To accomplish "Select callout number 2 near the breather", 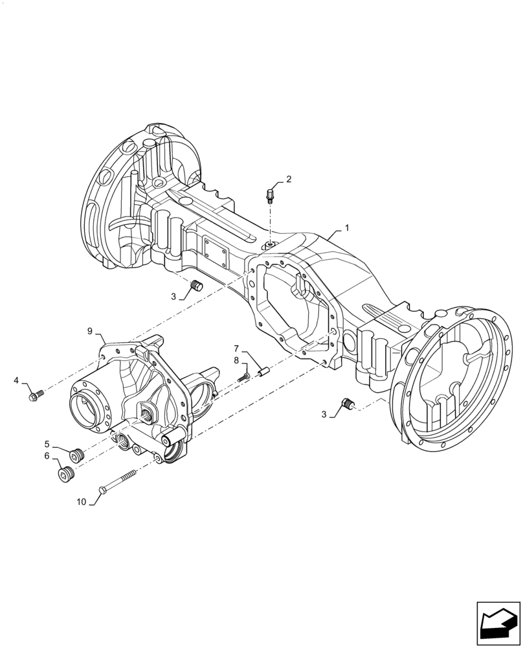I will pyautogui.click(x=289, y=179).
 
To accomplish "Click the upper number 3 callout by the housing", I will pyautogui.click(x=173, y=296).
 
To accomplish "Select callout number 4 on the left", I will pyautogui.click(x=16, y=381).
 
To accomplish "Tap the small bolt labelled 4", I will pyautogui.click(x=36, y=393).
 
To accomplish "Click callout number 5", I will pyautogui.click(x=47, y=443).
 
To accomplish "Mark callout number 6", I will pyautogui.click(x=47, y=456).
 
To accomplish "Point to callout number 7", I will pyautogui.click(x=236, y=348).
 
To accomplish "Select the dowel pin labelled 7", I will pyautogui.click(x=263, y=372).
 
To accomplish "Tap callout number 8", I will pyautogui.click(x=236, y=360).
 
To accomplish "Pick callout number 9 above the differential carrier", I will pyautogui.click(x=90, y=331).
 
